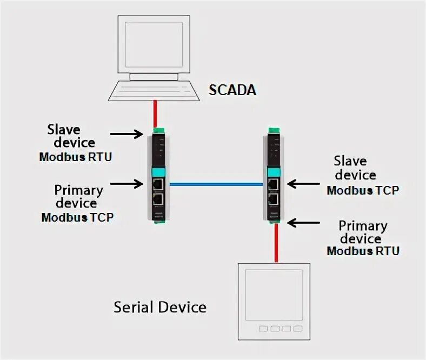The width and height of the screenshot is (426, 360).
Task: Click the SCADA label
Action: pyautogui.click(x=232, y=90)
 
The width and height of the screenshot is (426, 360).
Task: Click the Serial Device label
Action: pyautogui.click(x=160, y=308)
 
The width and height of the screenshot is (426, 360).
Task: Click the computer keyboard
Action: pyautogui.click(x=154, y=89)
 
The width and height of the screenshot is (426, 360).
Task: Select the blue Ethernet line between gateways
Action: pyautogui.click(x=216, y=184)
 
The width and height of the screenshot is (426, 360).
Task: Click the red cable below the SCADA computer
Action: pyautogui.click(x=155, y=114)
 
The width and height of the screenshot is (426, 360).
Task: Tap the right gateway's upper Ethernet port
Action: pyautogui.click(x=274, y=184)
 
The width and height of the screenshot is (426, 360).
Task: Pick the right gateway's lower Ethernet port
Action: pyautogui.click(x=274, y=198)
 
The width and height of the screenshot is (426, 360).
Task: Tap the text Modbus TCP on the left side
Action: pyautogui.click(x=78, y=217)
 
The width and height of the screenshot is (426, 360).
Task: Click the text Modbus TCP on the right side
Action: pyautogui.click(x=363, y=190)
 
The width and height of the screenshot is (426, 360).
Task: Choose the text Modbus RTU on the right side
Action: pyautogui.click(x=363, y=251)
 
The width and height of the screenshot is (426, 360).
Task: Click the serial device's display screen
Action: pyautogui.click(x=276, y=295)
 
